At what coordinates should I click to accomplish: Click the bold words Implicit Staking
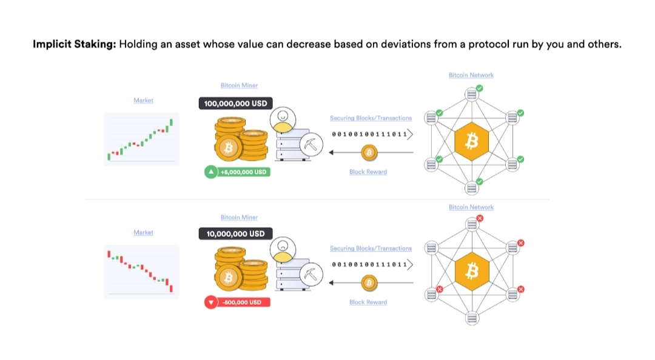[74, 45]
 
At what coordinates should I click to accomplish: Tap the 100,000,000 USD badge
[235, 104]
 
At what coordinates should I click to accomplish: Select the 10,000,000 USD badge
[235, 234]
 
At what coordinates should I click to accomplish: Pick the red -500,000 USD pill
[237, 302]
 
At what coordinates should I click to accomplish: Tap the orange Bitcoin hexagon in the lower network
[471, 272]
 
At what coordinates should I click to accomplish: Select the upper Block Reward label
[368, 172]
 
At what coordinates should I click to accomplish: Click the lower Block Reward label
[368, 302]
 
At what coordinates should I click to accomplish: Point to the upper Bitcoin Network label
[471, 75]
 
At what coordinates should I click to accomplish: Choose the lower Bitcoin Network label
[471, 207]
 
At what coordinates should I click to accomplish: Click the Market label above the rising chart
[143, 101]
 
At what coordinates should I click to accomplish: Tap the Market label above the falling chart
[143, 233]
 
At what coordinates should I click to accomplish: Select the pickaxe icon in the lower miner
[311, 275]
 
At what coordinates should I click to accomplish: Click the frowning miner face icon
[282, 248]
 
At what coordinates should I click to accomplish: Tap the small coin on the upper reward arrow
[368, 152]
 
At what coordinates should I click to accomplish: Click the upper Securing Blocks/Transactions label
[371, 118]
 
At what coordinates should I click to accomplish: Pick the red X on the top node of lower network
[480, 218]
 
